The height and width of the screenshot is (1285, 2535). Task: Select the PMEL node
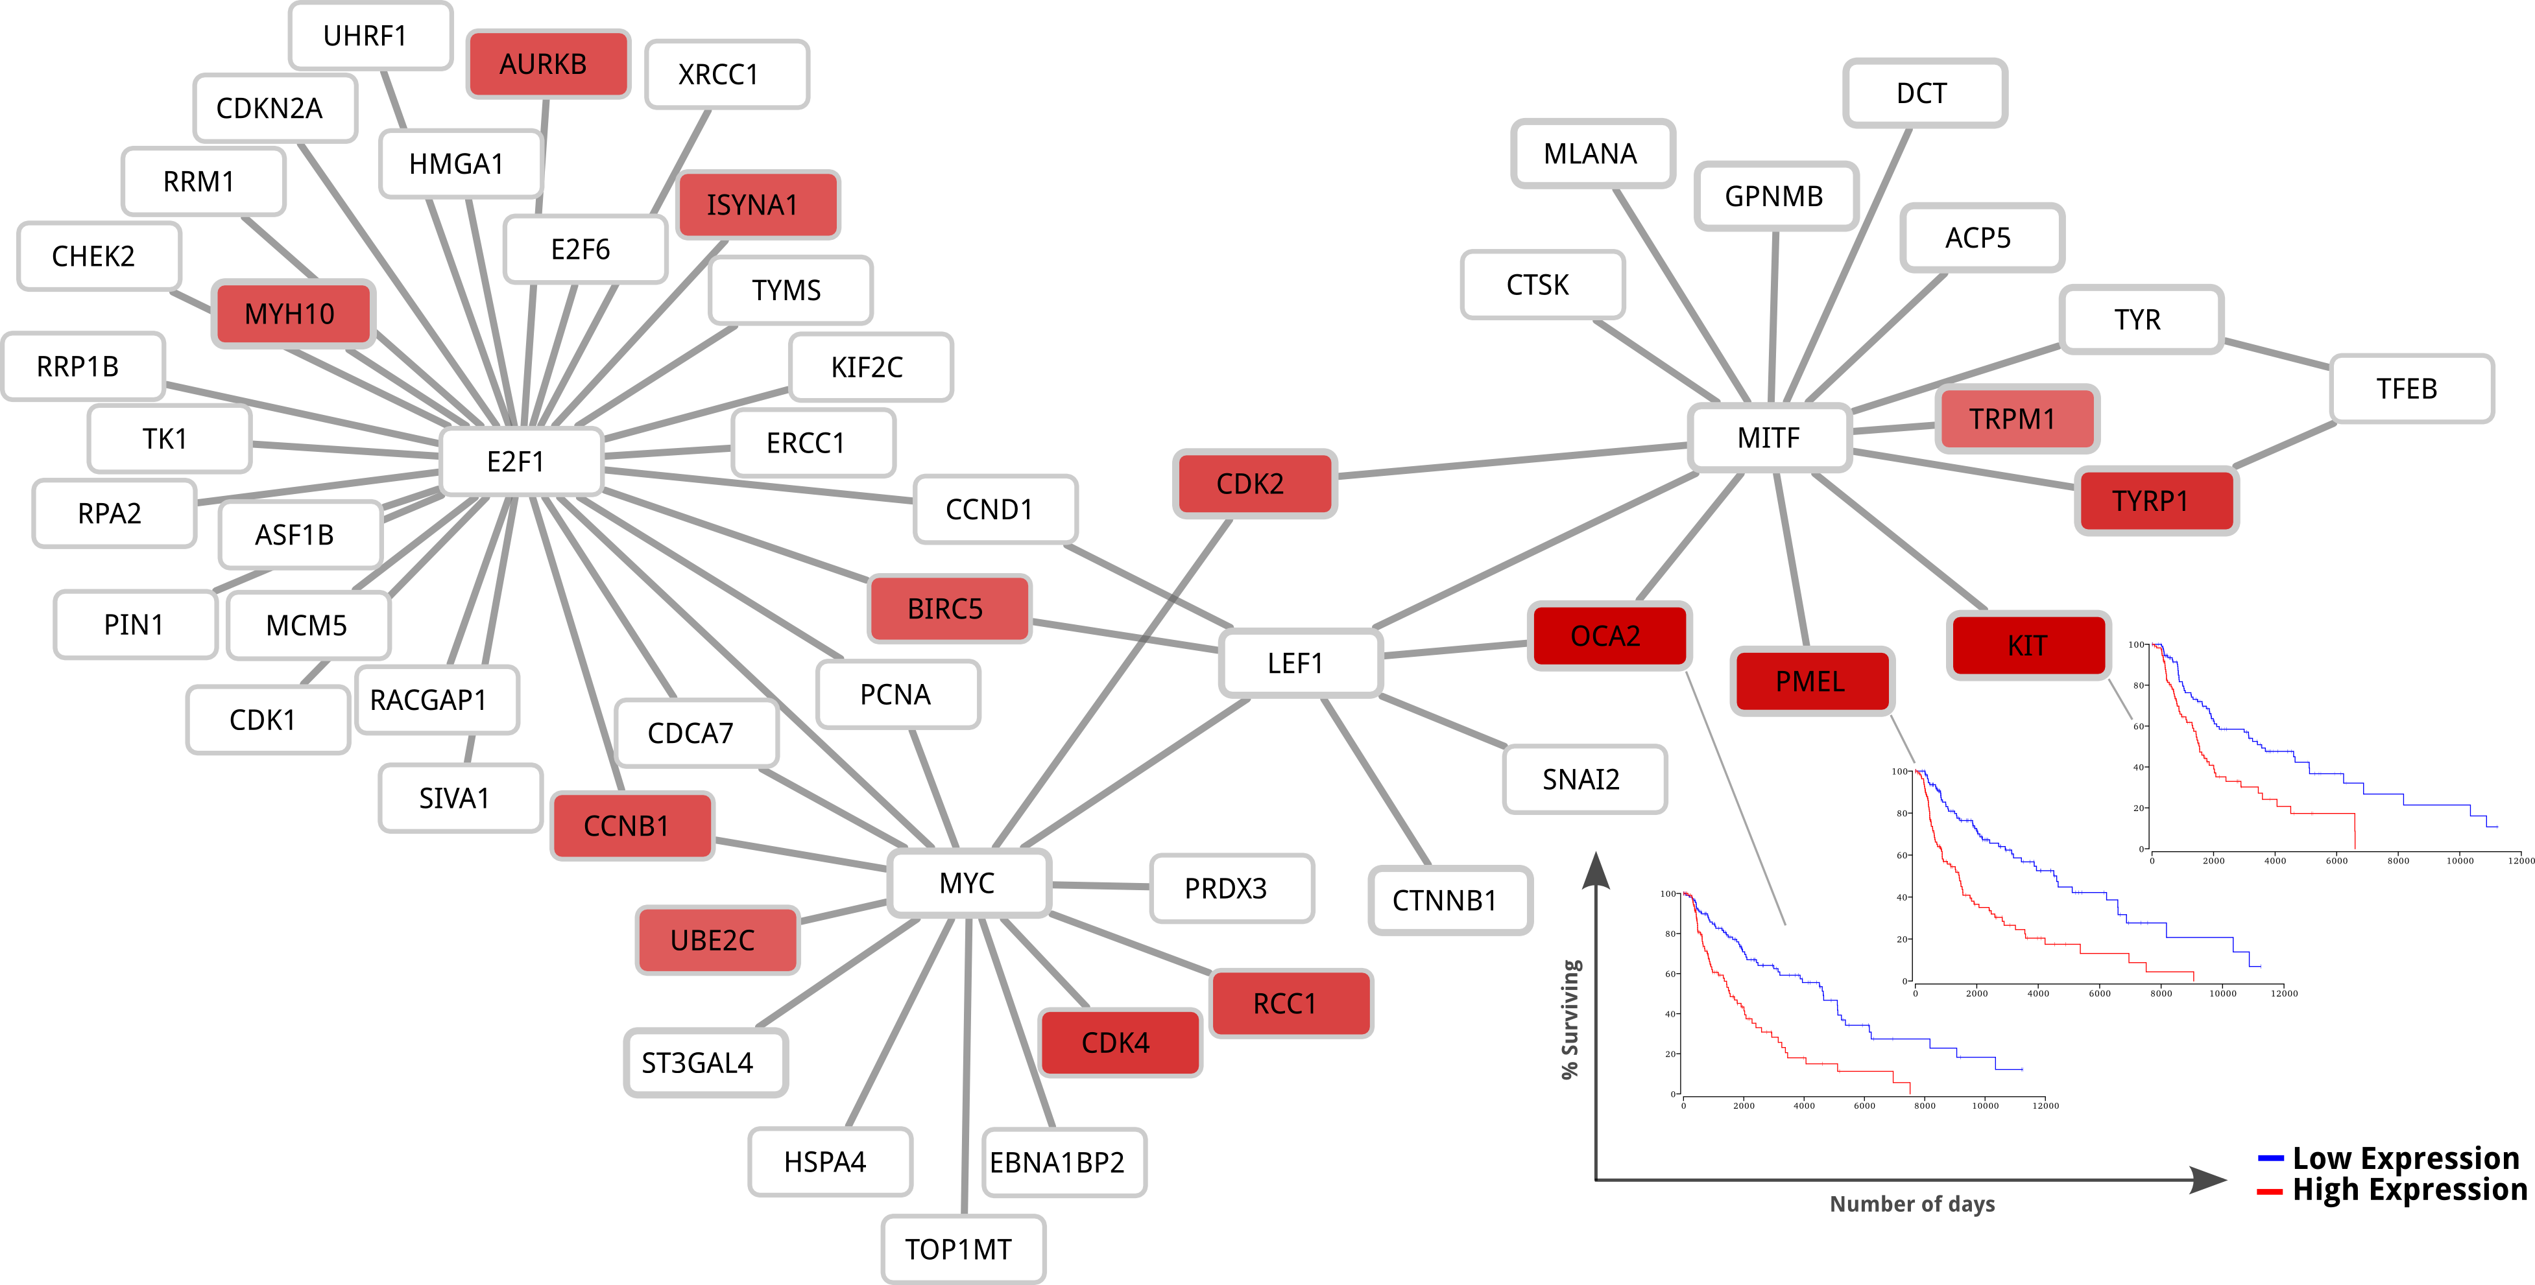(x=1810, y=681)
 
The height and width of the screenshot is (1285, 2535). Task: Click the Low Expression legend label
(x=2405, y=1158)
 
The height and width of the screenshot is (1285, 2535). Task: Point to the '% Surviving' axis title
(x=1570, y=1019)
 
